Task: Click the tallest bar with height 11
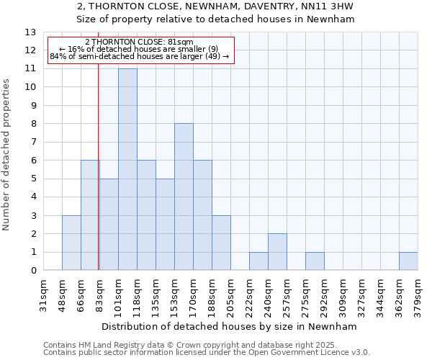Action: click(127, 169)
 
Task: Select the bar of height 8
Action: click(184, 197)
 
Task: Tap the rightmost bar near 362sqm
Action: click(408, 261)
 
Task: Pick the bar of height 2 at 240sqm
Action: click(277, 252)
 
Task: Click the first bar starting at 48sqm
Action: click(71, 243)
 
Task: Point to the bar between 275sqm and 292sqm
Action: click(315, 261)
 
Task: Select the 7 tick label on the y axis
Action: click(32, 143)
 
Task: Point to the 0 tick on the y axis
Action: click(32, 271)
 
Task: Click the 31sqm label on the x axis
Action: click(43, 295)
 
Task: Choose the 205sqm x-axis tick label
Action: click(230, 295)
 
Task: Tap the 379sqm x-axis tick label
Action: click(418, 295)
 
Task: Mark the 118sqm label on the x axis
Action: click(137, 295)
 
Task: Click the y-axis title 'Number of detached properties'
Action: click(7, 155)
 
